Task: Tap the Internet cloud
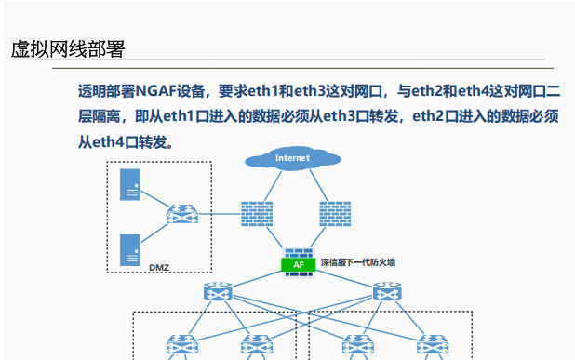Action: click(292, 158)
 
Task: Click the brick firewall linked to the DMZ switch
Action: click(256, 215)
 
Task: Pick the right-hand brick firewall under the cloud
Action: click(335, 215)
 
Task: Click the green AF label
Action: click(298, 264)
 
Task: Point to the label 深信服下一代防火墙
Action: click(358, 263)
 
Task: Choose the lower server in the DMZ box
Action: click(130, 248)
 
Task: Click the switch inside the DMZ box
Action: click(181, 215)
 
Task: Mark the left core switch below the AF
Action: click(221, 293)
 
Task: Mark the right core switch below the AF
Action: click(388, 293)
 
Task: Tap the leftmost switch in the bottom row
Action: click(180, 346)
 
